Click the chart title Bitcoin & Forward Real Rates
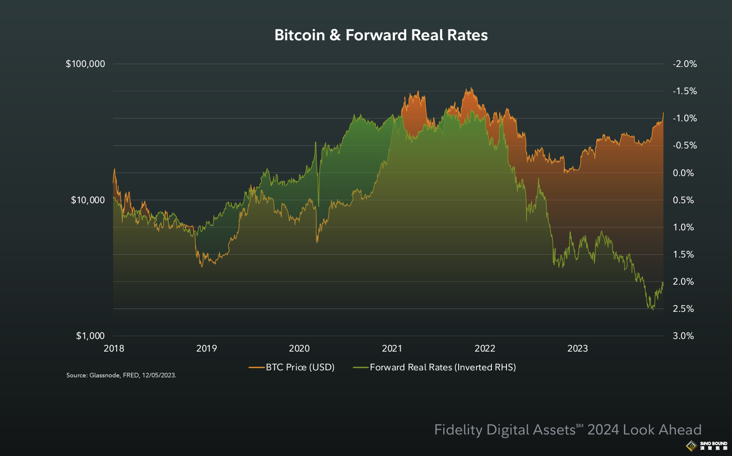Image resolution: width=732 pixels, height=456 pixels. click(x=381, y=35)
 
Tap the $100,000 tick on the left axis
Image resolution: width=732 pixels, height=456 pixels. click(x=85, y=64)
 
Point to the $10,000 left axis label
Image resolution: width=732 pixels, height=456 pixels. click(x=88, y=200)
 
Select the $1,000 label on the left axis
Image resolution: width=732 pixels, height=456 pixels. click(x=90, y=336)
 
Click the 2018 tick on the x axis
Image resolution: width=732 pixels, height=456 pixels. click(x=114, y=348)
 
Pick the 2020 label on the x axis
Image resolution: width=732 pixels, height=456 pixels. click(x=299, y=348)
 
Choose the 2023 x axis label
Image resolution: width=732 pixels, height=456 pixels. click(x=578, y=348)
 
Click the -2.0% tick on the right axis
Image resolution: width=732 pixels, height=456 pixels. click(x=684, y=64)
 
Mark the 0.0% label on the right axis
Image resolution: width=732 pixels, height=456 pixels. click(x=683, y=173)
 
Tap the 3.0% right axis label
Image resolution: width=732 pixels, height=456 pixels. click(x=683, y=336)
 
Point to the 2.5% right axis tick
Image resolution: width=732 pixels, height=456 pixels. click(x=683, y=309)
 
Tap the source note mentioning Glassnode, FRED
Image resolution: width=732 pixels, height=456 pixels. click(x=121, y=375)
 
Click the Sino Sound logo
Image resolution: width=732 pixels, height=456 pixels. click(x=707, y=445)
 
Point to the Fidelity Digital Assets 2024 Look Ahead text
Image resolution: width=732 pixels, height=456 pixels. click(x=568, y=430)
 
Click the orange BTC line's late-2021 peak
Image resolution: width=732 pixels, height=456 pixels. click(x=471, y=88)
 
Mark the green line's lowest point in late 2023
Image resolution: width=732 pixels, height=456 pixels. click(x=653, y=310)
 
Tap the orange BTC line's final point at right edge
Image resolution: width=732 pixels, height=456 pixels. click(x=663, y=113)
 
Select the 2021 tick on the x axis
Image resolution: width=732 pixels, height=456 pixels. click(x=392, y=348)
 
